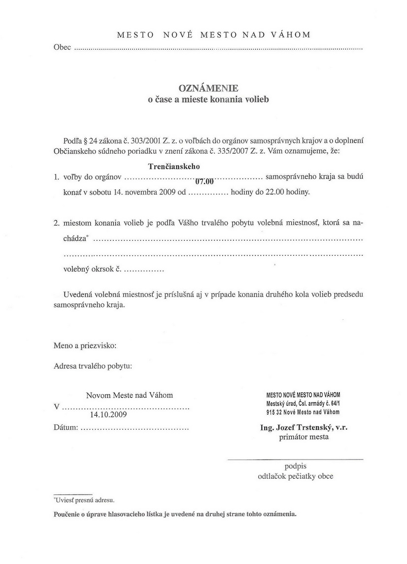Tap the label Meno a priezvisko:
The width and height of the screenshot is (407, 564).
click(x=85, y=345)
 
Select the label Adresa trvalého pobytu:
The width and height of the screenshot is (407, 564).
click(x=93, y=366)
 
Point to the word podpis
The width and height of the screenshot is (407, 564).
click(x=295, y=465)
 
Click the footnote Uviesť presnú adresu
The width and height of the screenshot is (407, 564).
click(x=84, y=500)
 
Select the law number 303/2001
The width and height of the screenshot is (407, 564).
click(x=141, y=140)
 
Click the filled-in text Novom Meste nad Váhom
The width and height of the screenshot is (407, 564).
click(x=130, y=395)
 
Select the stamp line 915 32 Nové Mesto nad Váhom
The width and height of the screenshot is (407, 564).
click(x=303, y=412)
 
